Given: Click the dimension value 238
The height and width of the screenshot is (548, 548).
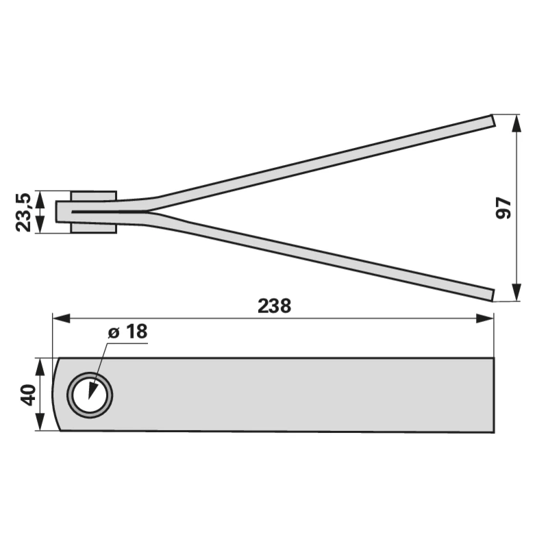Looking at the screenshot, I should (x=274, y=306).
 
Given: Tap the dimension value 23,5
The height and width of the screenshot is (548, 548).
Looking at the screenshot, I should (x=23, y=212).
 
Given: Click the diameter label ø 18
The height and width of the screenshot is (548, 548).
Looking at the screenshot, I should (x=127, y=332).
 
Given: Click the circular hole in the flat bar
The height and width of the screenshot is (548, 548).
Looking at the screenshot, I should (x=90, y=395).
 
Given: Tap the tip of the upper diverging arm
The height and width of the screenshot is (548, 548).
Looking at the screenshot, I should (x=491, y=120).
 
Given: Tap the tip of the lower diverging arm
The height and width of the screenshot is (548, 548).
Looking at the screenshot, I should (x=491, y=295).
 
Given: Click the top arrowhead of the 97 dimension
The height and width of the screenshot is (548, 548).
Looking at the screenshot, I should (x=516, y=123).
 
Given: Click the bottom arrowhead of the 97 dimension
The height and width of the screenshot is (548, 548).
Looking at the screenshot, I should (x=516, y=292).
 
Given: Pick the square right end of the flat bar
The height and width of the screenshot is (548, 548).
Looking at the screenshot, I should (x=492, y=395).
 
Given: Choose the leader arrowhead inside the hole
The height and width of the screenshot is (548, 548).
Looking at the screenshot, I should (x=92, y=389).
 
